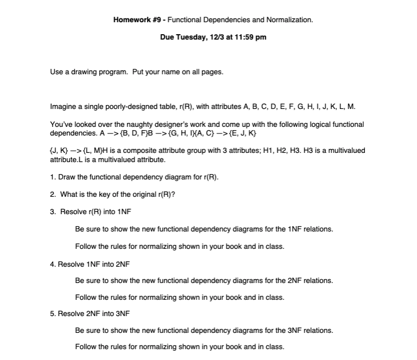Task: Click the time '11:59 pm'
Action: tap(250, 37)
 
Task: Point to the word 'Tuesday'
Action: tap(189, 37)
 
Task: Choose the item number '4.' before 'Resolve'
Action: tap(53, 264)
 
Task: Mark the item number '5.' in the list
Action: tap(53, 313)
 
